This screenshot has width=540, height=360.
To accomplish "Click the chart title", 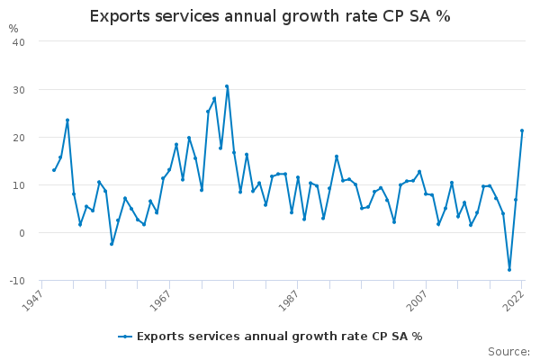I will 270,16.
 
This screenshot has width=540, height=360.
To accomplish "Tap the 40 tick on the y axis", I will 18,42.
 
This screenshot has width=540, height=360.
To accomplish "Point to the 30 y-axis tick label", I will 18,90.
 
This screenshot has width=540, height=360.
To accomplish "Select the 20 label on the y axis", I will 18,138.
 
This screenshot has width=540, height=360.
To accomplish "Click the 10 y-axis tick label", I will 18,185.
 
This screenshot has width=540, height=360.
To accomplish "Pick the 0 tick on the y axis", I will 22,233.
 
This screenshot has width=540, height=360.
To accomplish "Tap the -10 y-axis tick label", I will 16,281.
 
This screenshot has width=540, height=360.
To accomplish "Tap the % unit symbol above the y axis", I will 13,28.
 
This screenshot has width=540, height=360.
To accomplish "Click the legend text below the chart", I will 279,337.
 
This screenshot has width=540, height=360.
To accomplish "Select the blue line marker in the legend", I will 125,337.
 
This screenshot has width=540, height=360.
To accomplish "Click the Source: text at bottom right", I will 508,352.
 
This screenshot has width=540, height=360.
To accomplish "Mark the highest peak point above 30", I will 227,86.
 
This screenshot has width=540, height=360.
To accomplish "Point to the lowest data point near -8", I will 509,270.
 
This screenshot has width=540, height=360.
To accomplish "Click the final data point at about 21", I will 522,130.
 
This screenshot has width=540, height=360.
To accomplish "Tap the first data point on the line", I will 54,170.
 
